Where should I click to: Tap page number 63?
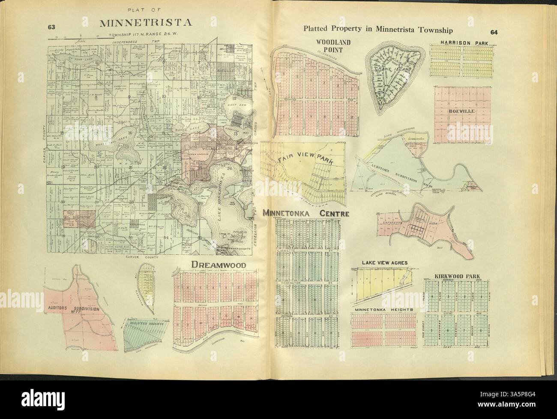coord(52,27)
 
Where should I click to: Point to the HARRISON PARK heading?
coord(460,43)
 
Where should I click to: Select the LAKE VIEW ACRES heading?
coord(384,262)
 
